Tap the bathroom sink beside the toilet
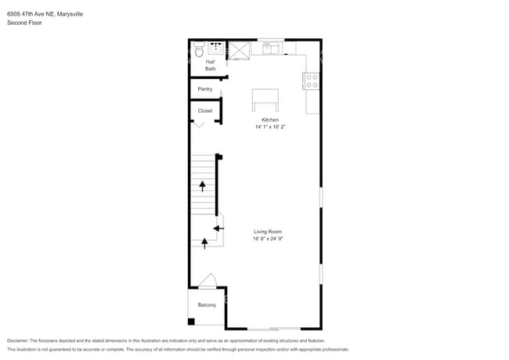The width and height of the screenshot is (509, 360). click(x=217, y=49)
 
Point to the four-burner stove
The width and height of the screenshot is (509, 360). click(x=311, y=80)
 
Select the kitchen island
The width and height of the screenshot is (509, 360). click(x=265, y=100)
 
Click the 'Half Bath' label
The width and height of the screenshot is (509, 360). click(x=210, y=65)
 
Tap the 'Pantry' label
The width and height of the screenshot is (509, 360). click(x=204, y=89)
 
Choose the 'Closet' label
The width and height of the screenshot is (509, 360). click(x=204, y=111)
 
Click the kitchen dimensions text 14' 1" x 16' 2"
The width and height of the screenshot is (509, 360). click(x=270, y=126)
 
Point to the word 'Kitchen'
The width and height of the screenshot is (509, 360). click(x=270, y=120)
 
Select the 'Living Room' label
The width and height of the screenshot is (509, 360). click(x=267, y=232)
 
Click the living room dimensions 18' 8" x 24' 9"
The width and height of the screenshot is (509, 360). click(x=267, y=239)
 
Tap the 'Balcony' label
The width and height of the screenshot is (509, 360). click(x=207, y=304)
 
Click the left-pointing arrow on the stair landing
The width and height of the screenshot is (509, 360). click(x=218, y=228)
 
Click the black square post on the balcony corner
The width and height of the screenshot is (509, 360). click(x=190, y=322)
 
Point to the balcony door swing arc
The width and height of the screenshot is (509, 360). click(x=208, y=280)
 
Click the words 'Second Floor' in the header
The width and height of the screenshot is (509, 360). click(x=24, y=23)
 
